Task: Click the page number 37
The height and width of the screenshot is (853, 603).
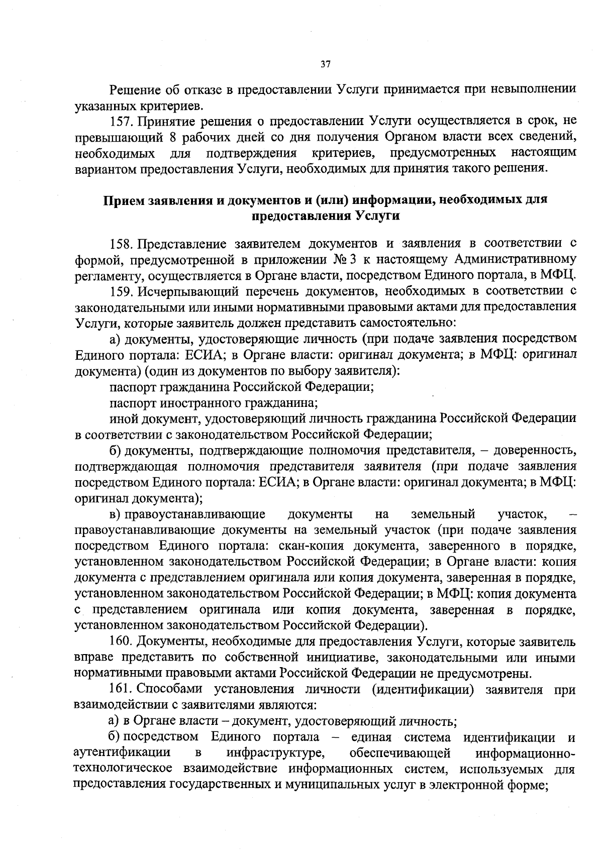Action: pyautogui.click(x=325, y=64)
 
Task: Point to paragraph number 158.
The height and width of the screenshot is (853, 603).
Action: pyautogui.click(x=121, y=244)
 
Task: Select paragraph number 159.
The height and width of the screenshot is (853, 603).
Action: pyautogui.click(x=121, y=291)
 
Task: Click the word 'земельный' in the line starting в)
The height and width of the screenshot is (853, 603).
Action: pyautogui.click(x=442, y=514)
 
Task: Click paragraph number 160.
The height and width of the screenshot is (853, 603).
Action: pyautogui.click(x=121, y=642)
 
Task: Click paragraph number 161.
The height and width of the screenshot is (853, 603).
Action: pyautogui.click(x=121, y=690)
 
